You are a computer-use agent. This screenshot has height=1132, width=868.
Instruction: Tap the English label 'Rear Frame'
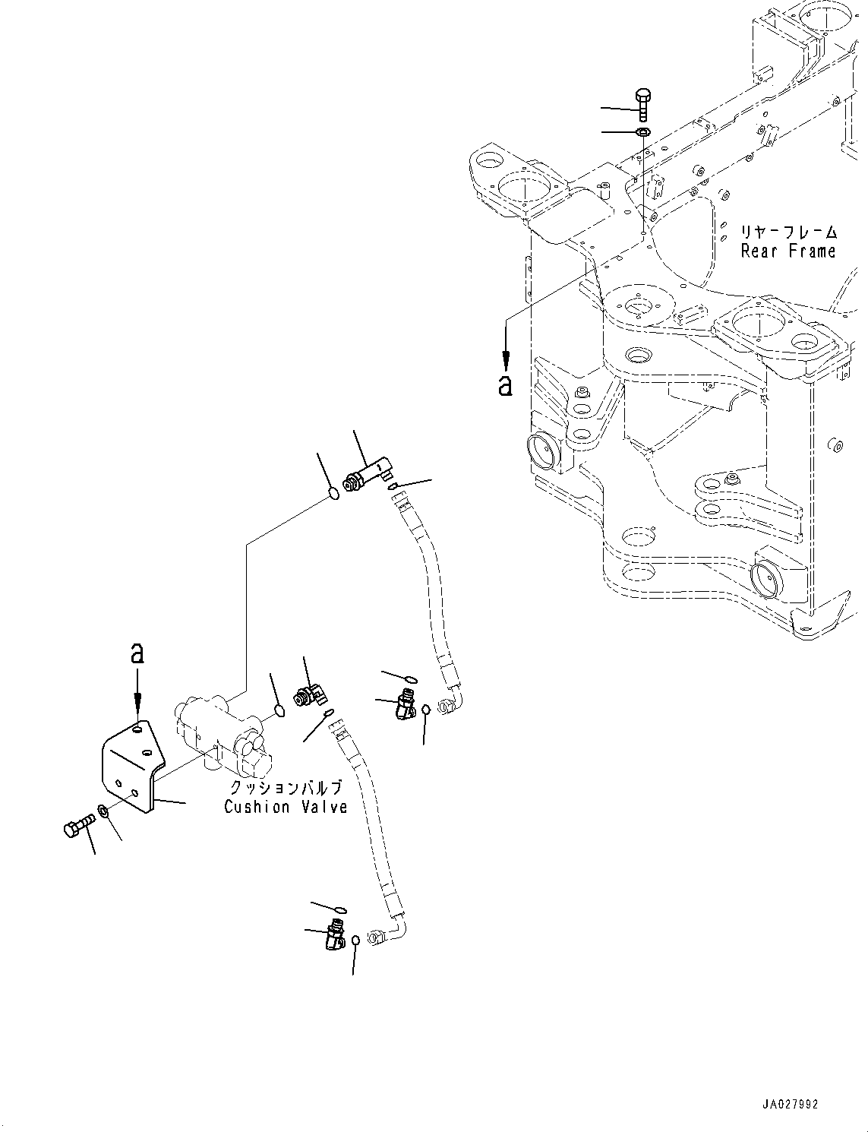coord(788,251)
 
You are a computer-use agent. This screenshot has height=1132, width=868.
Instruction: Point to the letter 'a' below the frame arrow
coord(505,385)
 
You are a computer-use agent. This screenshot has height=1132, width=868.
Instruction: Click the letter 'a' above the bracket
coord(137,653)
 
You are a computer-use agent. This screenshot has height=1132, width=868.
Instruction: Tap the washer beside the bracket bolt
coord(104,814)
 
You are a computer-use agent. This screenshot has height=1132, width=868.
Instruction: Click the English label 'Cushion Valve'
coord(286,807)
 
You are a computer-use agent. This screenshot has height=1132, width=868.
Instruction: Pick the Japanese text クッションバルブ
coord(286,789)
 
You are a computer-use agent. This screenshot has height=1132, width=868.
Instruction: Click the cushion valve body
coord(220,729)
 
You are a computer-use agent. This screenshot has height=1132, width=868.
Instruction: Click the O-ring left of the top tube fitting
coord(333,495)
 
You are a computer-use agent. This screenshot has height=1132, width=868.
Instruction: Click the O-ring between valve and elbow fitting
coord(279,711)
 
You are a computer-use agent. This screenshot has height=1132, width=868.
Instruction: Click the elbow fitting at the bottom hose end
coord(333,934)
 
